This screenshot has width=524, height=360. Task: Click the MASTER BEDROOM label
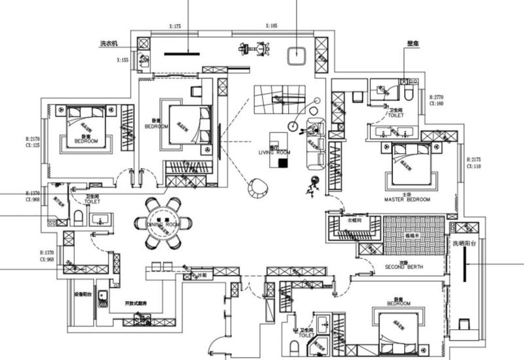click(407, 199)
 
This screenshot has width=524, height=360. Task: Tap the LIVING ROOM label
click(274, 152)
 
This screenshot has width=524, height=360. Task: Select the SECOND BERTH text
click(404, 267)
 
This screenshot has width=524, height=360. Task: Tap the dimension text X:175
click(175, 26)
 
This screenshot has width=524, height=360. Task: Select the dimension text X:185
click(271, 26)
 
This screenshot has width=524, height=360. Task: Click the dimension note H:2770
click(436, 96)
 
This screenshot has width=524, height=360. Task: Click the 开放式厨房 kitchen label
click(136, 304)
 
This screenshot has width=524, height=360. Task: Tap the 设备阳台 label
click(83, 294)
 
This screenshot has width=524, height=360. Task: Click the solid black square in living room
click(282, 163)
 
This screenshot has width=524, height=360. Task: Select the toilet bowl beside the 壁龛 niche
click(409, 94)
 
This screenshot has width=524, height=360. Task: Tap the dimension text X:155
click(122, 60)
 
